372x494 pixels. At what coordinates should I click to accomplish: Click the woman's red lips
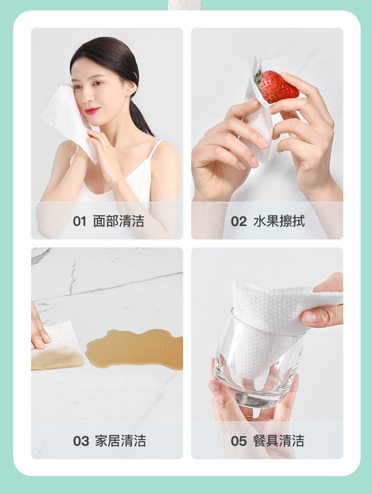point(92,111)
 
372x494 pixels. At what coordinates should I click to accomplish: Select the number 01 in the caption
point(80,222)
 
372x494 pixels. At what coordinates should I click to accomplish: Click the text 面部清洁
point(118,222)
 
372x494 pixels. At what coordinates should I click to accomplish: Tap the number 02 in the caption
point(239,222)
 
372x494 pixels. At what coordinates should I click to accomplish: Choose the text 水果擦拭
point(279,222)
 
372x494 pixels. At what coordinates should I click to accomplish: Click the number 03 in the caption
point(81,441)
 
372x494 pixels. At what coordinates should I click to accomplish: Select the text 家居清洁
point(120,441)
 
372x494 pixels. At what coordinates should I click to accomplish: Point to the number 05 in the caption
point(239,441)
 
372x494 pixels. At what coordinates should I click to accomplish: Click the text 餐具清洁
point(278,441)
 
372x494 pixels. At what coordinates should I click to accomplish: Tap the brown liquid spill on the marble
point(137,348)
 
